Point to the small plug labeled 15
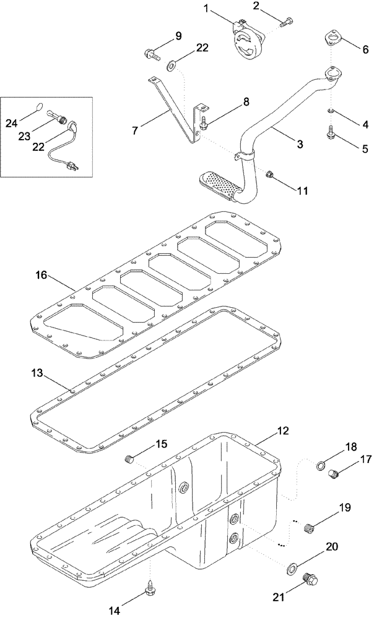[x=129, y=459]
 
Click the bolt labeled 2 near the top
[x=286, y=23]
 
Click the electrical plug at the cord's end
[x=73, y=166]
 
